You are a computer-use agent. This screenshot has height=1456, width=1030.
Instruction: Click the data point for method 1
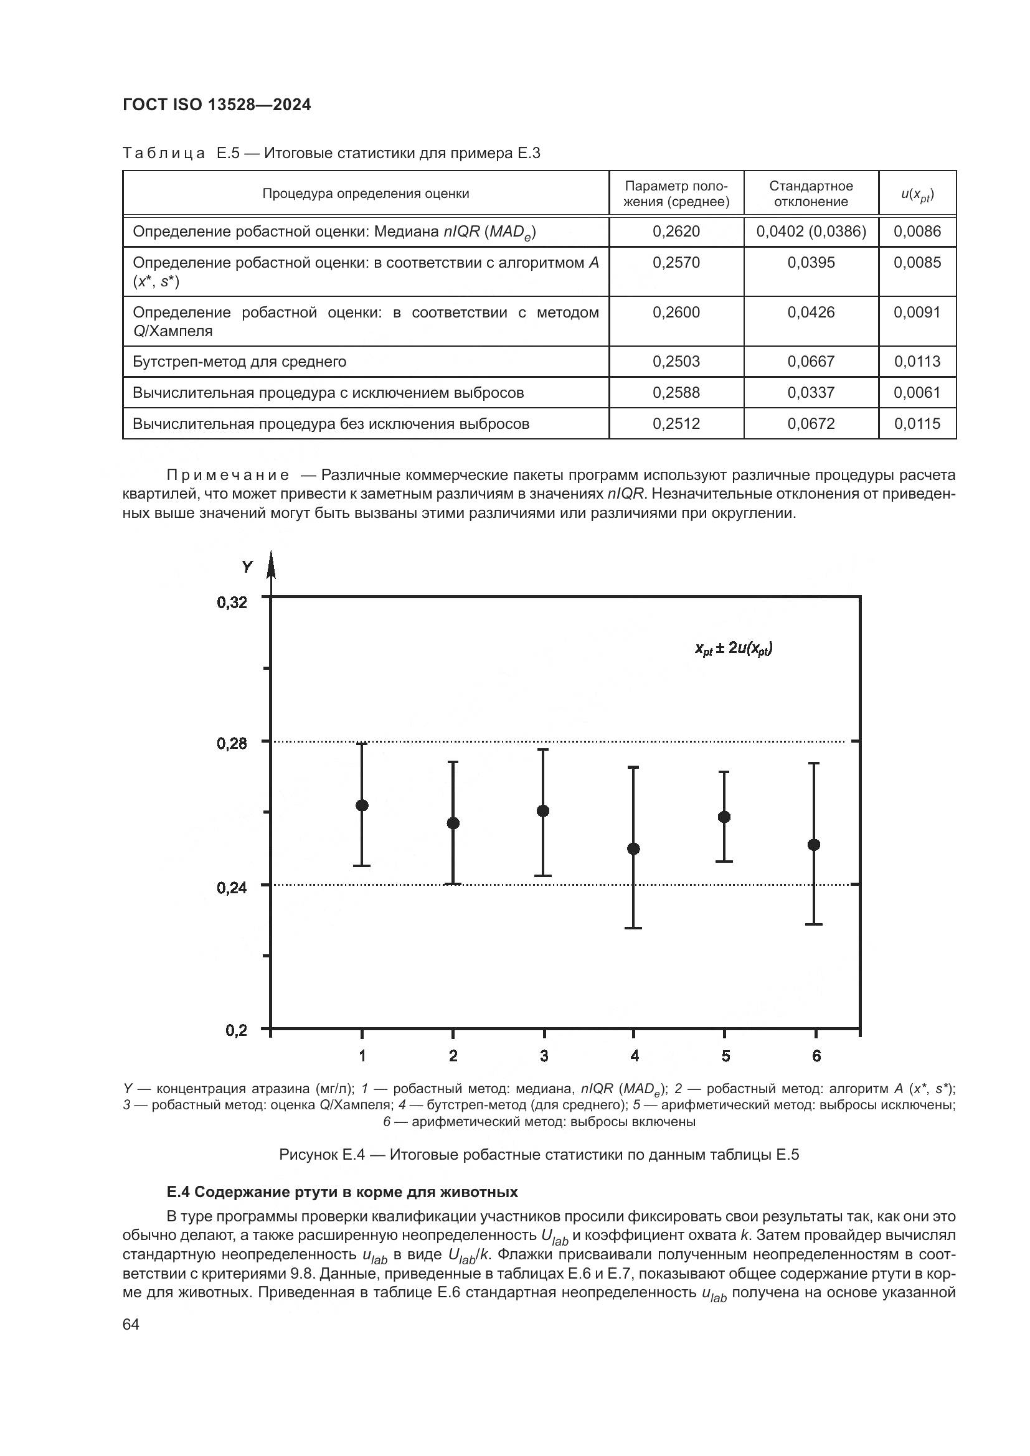pyautogui.click(x=362, y=805)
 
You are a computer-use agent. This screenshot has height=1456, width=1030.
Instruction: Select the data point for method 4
pyautogui.click(x=633, y=848)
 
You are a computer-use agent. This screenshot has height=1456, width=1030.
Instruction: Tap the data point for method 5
pyautogui.click(x=724, y=817)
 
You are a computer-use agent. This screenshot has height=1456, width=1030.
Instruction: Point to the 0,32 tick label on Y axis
pyautogui.click(x=232, y=603)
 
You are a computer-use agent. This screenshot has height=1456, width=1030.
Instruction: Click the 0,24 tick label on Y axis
pyautogui.click(x=232, y=888)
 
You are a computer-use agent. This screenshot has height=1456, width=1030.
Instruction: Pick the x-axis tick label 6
pyautogui.click(x=816, y=1056)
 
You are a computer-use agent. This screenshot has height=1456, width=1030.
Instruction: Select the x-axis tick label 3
pyautogui.click(x=544, y=1056)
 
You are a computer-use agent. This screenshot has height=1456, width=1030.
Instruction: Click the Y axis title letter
pyautogui.click(x=247, y=566)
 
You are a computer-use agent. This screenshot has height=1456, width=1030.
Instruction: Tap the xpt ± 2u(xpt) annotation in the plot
pyautogui.click(x=733, y=648)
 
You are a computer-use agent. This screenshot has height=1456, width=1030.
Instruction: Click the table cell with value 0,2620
pyautogui.click(x=676, y=232)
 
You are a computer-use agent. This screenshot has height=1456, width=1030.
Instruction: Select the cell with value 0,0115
pyautogui.click(x=917, y=424)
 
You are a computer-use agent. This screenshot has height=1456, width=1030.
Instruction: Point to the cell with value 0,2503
pyautogui.click(x=676, y=362)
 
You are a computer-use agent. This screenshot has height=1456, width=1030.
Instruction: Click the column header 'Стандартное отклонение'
pyautogui.click(x=811, y=194)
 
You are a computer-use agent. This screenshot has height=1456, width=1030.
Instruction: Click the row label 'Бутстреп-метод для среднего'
pyautogui.click(x=239, y=362)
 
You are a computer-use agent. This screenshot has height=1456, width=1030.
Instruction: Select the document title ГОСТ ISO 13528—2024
pyautogui.click(x=217, y=105)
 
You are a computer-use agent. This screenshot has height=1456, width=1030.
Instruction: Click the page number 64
pyautogui.click(x=131, y=1324)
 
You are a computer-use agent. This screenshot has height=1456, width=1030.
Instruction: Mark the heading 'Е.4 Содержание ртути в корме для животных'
pyautogui.click(x=343, y=1192)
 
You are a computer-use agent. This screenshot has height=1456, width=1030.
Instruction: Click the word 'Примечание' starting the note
pyautogui.click(x=228, y=475)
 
